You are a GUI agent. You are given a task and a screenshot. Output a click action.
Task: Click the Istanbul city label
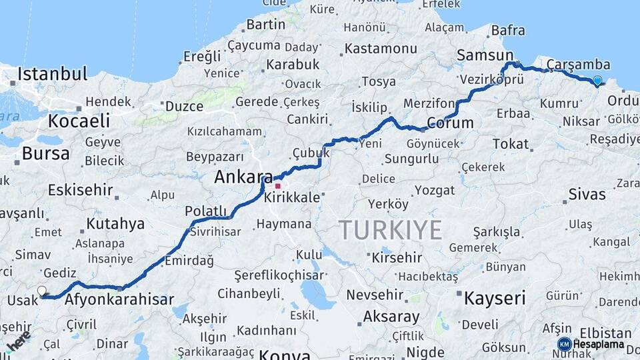(53, 74)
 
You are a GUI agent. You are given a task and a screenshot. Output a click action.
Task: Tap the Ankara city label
(239, 177)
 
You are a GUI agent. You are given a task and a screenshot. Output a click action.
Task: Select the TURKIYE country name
(391, 230)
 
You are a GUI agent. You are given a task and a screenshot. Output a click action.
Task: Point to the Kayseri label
(495, 297)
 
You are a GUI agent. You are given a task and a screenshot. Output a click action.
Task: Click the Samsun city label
(485, 55)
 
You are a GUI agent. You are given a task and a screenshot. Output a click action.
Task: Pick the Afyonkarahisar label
(119, 300)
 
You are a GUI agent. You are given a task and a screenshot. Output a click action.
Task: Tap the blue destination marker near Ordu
(597, 81)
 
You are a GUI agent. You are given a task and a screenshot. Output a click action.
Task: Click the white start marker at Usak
(42, 291)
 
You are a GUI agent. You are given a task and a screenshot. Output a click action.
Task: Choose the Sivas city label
(587, 194)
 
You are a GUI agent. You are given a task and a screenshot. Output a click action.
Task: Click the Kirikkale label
(292, 199)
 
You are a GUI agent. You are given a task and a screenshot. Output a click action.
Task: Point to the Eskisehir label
(80, 189)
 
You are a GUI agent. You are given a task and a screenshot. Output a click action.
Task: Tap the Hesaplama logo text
(598, 344)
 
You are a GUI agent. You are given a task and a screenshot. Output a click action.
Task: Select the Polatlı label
(206, 211)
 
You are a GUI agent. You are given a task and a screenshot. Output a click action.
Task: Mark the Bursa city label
(45, 153)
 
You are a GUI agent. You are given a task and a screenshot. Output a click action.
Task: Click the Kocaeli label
(79, 121)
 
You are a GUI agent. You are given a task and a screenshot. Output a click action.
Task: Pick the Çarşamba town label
(578, 64)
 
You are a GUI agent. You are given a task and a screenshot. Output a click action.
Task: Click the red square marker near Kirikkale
(277, 187)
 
